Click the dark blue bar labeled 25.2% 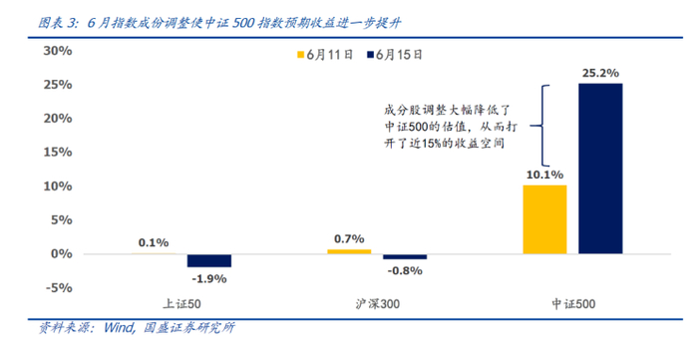(x=600, y=169)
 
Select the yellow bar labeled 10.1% (x=542, y=219)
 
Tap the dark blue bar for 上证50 (x=208, y=260)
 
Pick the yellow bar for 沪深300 (x=349, y=251)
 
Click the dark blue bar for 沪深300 (x=405, y=256)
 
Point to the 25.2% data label (x=600, y=72)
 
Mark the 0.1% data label (x=153, y=241)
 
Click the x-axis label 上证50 (x=180, y=303)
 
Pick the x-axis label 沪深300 (x=377, y=303)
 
